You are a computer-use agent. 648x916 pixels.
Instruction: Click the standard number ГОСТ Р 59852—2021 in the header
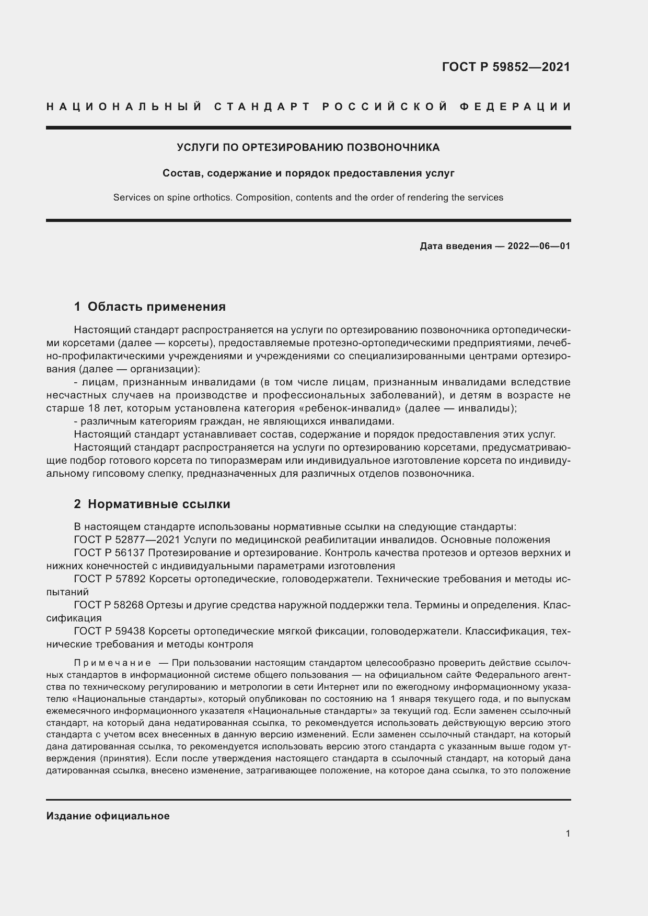click(506, 67)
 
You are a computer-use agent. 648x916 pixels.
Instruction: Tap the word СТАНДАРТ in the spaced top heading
click(262, 107)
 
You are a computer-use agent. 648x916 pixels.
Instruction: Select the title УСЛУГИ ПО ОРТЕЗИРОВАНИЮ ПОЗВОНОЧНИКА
click(308, 148)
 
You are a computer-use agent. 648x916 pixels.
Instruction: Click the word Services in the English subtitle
click(131, 197)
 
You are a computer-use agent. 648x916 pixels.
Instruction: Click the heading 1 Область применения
click(150, 307)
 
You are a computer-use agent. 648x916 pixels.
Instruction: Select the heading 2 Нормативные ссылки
click(152, 504)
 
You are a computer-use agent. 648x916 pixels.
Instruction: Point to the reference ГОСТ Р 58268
click(109, 605)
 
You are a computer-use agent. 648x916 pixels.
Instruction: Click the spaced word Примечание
click(113, 663)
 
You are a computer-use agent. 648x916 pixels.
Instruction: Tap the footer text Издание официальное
click(108, 816)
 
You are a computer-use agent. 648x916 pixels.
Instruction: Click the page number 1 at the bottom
click(568, 833)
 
